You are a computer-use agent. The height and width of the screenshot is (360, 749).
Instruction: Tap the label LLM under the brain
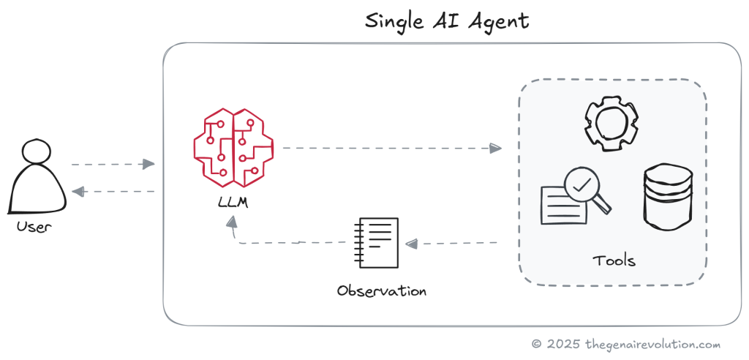[233, 202]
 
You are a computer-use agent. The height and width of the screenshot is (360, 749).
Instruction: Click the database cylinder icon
[667, 197]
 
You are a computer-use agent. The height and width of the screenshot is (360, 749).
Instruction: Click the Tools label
[613, 260]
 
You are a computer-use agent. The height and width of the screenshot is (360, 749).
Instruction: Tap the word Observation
[381, 290]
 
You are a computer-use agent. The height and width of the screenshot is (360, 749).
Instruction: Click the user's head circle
[35, 151]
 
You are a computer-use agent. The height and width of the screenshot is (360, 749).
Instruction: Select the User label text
[34, 227]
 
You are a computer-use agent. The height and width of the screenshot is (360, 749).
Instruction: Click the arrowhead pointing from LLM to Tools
[496, 149]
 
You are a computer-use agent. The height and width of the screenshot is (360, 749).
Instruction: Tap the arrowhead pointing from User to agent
[149, 164]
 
